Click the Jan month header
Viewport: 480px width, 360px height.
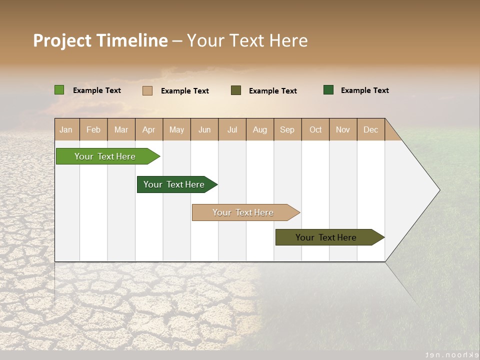[66, 129]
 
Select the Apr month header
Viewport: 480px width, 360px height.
[149, 129]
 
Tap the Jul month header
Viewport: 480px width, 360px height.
[232, 129]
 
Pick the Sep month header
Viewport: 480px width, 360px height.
[287, 129]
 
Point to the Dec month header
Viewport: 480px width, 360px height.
[370, 129]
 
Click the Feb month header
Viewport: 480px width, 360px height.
[93, 129]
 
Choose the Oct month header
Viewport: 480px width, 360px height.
[315, 129]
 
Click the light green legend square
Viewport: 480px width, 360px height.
[59, 90]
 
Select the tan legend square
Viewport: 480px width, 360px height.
[147, 90]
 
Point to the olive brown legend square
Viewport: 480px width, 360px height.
[236, 90]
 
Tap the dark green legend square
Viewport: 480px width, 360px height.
[328, 90]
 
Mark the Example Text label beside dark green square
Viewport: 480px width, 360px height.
[364, 90]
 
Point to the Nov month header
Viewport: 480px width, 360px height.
[343, 129]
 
